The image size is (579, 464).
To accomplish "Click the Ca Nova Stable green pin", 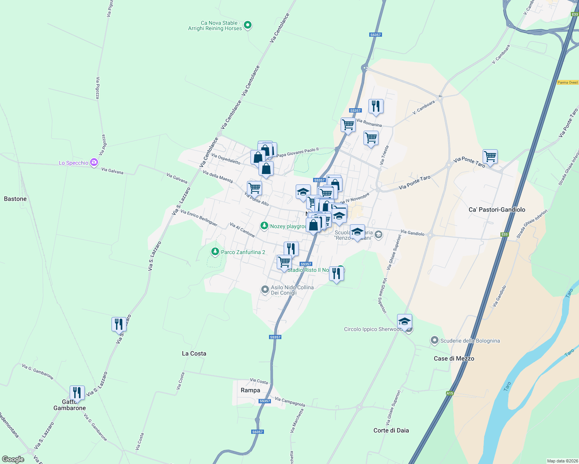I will point(248,26).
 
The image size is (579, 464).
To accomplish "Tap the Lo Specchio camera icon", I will point(94,162).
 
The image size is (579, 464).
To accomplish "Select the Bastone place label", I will point(15,199).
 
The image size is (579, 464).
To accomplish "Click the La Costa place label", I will point(194,353).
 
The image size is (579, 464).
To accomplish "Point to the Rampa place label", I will point(250,390).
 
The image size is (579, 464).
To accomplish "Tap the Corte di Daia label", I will point(391,430).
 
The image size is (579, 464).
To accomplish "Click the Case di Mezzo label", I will point(454,358).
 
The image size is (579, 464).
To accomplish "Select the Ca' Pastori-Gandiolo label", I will point(497,210).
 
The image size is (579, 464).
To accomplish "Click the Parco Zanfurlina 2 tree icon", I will point(215,252).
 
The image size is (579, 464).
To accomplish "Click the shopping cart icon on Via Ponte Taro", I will point(490,157).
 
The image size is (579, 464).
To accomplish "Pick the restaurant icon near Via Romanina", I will point(376,106).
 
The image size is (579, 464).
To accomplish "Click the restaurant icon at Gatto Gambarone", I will point(77,392).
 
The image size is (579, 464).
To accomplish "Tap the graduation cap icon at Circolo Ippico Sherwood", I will point(404,321).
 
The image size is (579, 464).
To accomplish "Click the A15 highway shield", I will point(449,393).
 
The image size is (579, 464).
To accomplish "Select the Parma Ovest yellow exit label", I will point(568,82).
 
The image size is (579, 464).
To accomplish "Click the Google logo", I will point(13,459).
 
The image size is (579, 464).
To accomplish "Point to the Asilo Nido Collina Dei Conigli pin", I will point(265,290).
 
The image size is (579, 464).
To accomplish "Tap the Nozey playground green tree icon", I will point(264,226).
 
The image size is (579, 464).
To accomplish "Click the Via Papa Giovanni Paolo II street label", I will point(297,152).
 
